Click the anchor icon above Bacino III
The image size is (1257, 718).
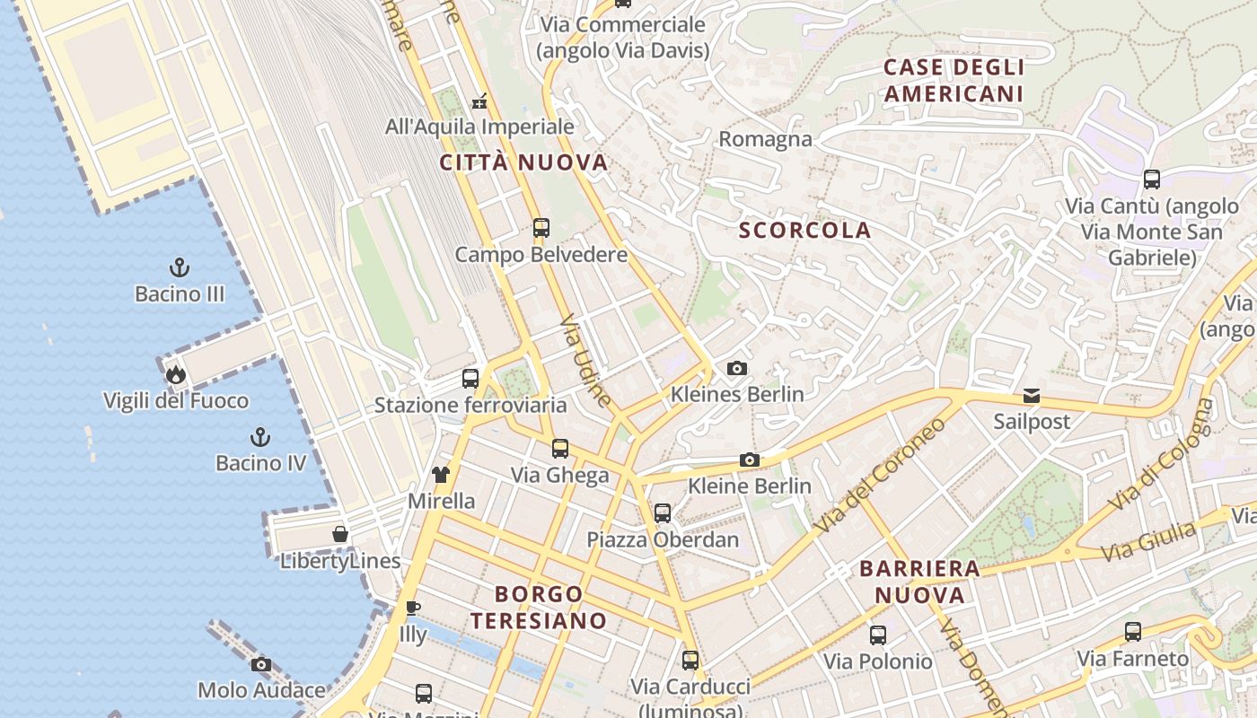coord(180,267)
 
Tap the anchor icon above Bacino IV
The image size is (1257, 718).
coord(259,437)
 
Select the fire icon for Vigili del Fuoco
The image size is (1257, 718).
coord(175,374)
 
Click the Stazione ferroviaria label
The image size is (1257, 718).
coord(470,405)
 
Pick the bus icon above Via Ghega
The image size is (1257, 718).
coord(560,449)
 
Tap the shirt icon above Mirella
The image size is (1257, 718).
coord(440,475)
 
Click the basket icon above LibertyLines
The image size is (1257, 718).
coord(340,535)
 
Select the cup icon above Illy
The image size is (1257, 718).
coord(412,608)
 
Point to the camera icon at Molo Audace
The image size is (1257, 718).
coord(261,665)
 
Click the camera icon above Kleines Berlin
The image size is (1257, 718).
coord(737,369)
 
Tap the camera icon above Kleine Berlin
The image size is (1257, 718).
coord(750,460)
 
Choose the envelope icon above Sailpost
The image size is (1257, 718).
coord(1032,396)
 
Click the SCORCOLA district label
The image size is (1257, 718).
coord(804,231)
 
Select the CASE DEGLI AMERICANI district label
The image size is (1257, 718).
coord(954,81)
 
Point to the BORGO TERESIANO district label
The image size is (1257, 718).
coord(539,607)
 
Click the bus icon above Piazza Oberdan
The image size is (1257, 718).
coord(663,513)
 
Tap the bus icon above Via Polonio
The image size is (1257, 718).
coord(878,635)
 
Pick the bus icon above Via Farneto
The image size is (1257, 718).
coord(1133,632)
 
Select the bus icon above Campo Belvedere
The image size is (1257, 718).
coord(541,228)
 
